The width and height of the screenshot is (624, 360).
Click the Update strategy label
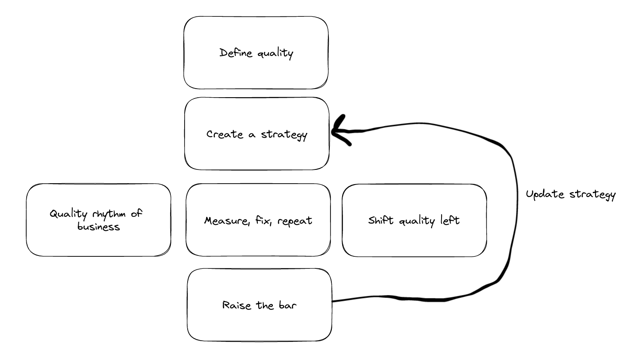(571, 194)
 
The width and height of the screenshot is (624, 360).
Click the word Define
(236, 53)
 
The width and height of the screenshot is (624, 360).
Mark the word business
(99, 227)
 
